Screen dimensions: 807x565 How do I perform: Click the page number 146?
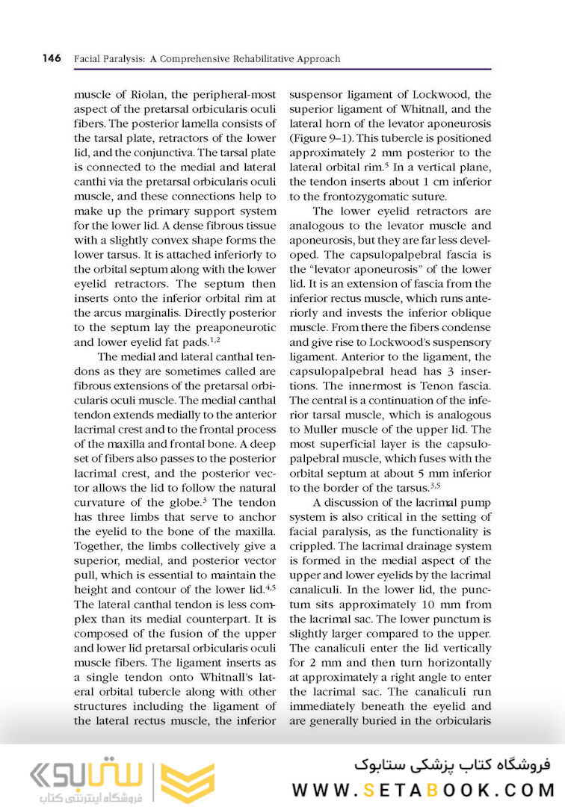pos(52,58)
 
